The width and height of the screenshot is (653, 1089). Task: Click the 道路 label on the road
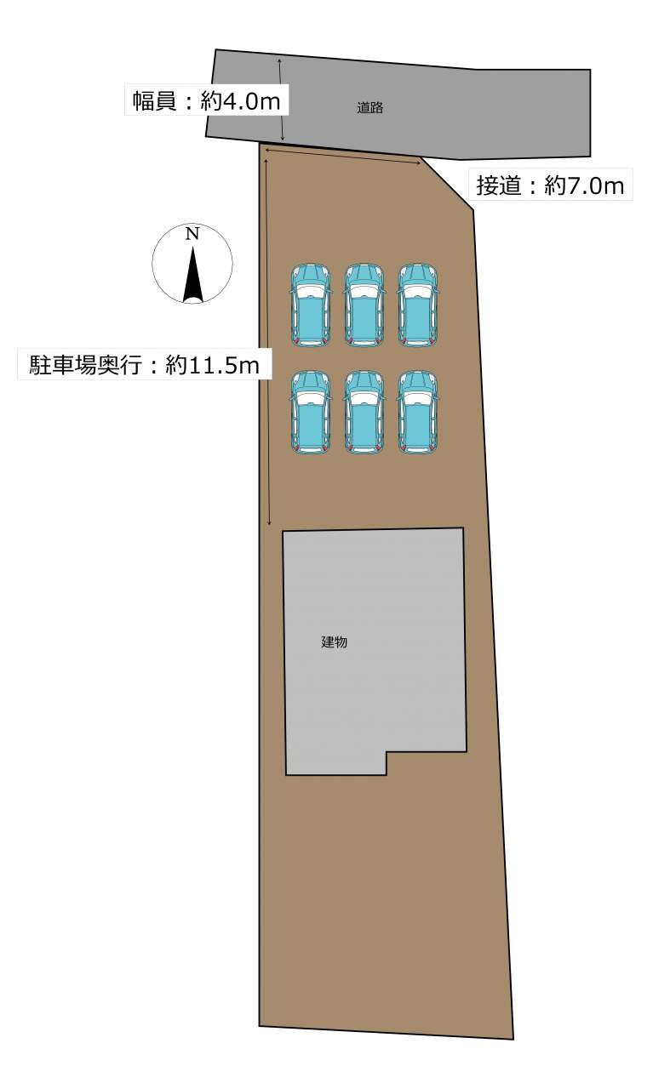369,107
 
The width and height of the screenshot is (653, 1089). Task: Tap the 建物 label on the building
335,641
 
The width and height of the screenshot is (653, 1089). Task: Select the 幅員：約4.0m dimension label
206,101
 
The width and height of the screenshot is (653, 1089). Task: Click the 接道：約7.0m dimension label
550,185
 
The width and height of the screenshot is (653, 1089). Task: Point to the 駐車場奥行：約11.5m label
144,364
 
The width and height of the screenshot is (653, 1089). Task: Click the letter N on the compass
192,234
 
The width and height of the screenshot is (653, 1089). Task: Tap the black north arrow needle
193,274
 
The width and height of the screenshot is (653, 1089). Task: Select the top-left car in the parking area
311,305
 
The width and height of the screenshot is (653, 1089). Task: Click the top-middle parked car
364,305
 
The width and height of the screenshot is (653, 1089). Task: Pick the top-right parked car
418,305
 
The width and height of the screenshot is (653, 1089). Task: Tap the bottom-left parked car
311,413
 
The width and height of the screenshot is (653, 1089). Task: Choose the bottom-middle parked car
364,413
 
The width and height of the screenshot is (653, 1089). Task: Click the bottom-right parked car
418,413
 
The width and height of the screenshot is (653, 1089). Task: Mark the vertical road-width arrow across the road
281,100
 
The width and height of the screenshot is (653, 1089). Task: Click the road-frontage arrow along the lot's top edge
342,157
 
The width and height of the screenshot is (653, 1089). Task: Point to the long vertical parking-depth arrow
267,342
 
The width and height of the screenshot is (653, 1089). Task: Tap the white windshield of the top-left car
311,291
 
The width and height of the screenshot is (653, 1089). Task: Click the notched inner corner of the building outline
387,752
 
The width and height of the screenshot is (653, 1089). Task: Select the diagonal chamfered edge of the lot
447,183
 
